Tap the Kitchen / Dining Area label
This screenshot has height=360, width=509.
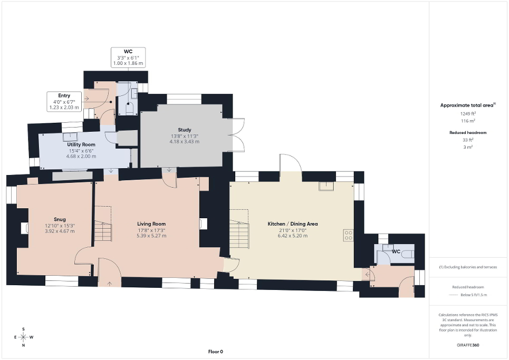click(292, 223)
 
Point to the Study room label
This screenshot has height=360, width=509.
click(184, 130)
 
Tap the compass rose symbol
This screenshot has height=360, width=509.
click(24, 337)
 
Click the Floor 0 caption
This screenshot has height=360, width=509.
click(215, 352)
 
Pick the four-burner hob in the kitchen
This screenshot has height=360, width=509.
click(348, 235)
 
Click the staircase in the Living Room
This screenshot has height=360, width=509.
click(103, 230)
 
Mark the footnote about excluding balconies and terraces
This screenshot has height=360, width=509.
click(468, 267)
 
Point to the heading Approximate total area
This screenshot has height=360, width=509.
click(468, 105)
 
